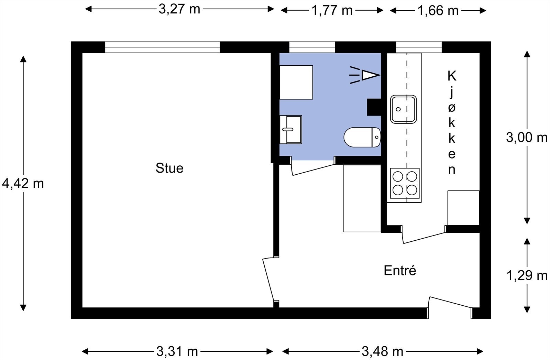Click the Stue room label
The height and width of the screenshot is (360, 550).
pyautogui.click(x=169, y=168)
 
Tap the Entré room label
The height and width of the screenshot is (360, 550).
pyautogui.click(x=400, y=270)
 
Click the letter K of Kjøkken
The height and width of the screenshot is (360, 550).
pyautogui.click(x=452, y=76)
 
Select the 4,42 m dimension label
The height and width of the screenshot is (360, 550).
pyautogui.click(x=23, y=184)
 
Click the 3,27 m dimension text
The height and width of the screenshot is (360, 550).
pyautogui.click(x=179, y=9)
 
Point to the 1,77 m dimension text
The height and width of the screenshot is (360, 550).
pyautogui.click(x=332, y=10)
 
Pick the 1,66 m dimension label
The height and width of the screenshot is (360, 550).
pyautogui.click(x=438, y=11)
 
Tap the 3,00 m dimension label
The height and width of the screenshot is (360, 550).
pyautogui.click(x=527, y=138)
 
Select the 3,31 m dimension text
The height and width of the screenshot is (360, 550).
pyautogui.click(x=177, y=351)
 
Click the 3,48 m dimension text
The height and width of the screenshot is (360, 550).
pyautogui.click(x=382, y=351)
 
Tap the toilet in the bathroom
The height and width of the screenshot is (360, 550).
pyautogui.click(x=362, y=137)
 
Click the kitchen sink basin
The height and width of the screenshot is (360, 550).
pyautogui.click(x=403, y=109)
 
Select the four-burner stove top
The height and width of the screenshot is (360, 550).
pyautogui.click(x=405, y=183)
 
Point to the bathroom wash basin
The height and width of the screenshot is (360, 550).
pyautogui.click(x=290, y=130)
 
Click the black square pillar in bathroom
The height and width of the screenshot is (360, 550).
pyautogui.click(x=374, y=107)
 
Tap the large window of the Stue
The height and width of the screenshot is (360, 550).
pyautogui.click(x=162, y=47)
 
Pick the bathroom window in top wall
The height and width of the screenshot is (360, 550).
pyautogui.click(x=312, y=47)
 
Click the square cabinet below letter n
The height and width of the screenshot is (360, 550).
pyautogui.click(x=463, y=208)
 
